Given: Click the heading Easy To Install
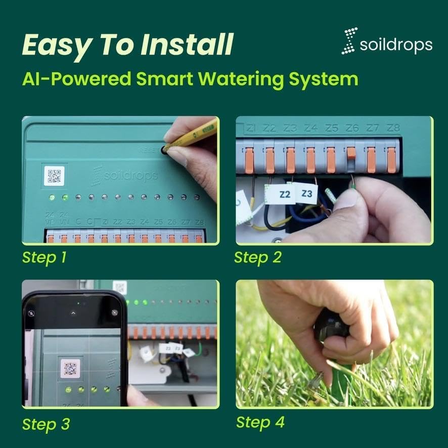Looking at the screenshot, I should (x=127, y=44).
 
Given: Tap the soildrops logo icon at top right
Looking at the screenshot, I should (x=349, y=41).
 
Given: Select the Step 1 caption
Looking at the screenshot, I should (x=44, y=257).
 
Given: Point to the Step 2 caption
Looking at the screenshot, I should (x=257, y=257).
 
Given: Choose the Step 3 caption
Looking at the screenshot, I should (x=46, y=424).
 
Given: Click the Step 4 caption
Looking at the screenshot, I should (x=260, y=422).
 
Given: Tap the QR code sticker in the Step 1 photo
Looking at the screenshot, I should (x=54, y=176).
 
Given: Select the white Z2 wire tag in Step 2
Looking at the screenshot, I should (x=285, y=194).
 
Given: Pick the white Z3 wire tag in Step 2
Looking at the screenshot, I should (x=306, y=193).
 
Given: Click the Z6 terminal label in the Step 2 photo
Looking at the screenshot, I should (x=352, y=128).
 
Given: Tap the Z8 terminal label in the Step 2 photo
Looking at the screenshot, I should (x=392, y=128).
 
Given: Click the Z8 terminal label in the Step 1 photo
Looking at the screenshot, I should (x=199, y=222).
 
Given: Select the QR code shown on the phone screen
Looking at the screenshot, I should (x=70, y=368).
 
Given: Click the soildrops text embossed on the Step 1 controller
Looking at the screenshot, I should (x=124, y=175).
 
